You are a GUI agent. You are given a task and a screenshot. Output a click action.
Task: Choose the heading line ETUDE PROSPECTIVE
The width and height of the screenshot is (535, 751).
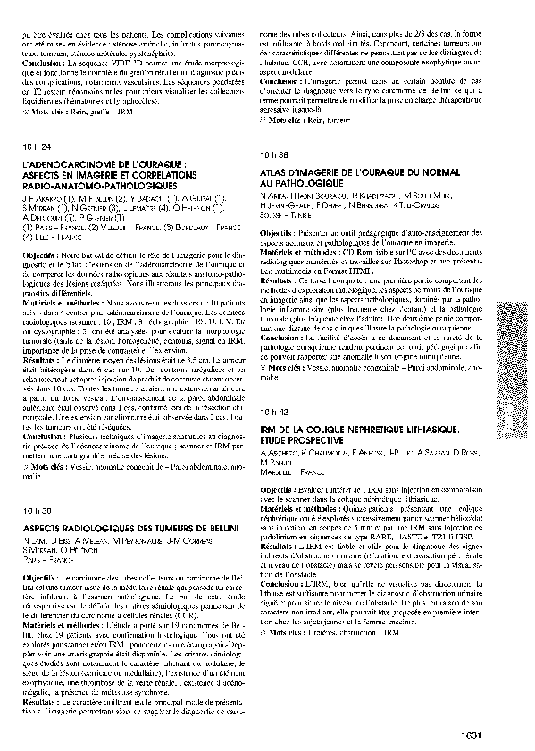coord(301,440)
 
